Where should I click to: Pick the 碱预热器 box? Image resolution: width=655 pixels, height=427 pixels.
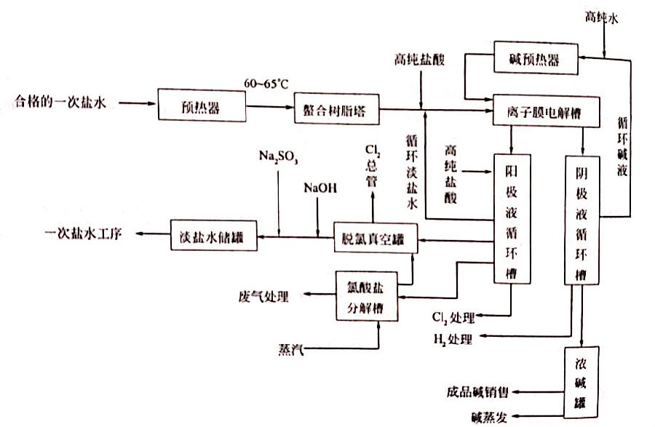click(536, 60)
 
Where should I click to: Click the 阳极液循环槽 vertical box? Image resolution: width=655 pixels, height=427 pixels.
click(512, 218)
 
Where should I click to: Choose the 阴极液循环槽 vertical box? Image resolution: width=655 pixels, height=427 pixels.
click(582, 218)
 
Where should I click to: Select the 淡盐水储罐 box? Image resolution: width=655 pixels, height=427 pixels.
click(214, 236)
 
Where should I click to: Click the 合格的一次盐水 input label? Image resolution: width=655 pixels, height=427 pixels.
click(61, 103)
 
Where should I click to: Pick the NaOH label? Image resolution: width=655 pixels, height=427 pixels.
click(321, 188)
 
